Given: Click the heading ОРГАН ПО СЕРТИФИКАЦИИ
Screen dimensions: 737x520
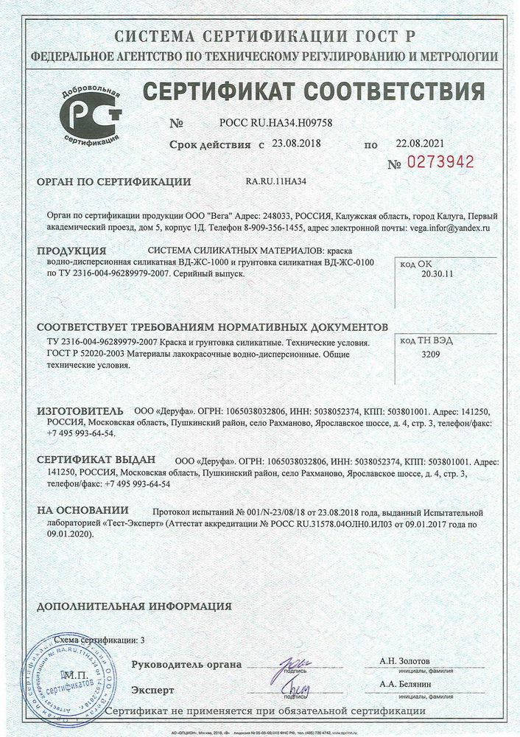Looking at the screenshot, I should tap(113, 182).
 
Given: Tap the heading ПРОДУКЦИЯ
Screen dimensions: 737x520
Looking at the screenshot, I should tap(71, 251).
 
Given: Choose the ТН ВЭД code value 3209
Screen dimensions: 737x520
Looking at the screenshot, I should tap(430, 355).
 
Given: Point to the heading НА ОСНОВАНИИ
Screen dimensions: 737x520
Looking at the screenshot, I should tap(82, 510).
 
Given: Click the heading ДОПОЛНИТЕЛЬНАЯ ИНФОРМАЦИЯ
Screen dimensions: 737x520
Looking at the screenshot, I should tap(134, 607).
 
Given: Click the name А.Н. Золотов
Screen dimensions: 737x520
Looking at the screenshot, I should tap(404, 661).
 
